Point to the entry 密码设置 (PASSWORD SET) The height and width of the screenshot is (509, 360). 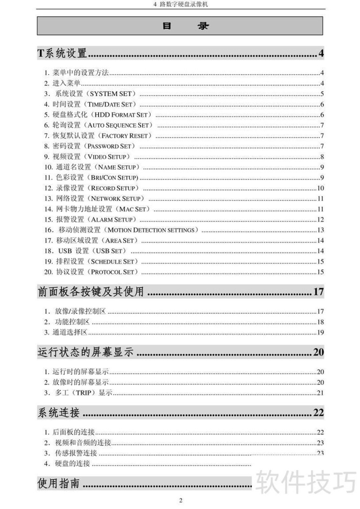(x=90, y=146)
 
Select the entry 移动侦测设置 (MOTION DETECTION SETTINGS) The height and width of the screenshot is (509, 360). (x=121, y=230)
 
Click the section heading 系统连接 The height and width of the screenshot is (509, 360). (x=58, y=412)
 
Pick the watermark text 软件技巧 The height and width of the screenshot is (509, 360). (x=306, y=482)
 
